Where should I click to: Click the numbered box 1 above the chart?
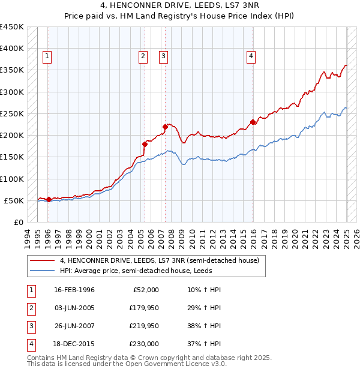click(x=47, y=57)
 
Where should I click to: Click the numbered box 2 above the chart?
click(x=143, y=57)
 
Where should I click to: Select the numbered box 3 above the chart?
click(x=163, y=57)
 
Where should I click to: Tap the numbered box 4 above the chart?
click(x=251, y=57)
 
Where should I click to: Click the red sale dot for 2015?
click(x=253, y=122)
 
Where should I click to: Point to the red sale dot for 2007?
click(x=165, y=127)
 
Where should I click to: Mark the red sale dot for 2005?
click(x=145, y=144)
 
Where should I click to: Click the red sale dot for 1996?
click(x=49, y=199)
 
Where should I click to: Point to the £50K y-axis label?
click(x=14, y=200)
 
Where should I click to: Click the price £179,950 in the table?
click(x=144, y=308)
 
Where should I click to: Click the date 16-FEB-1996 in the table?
click(x=74, y=290)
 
